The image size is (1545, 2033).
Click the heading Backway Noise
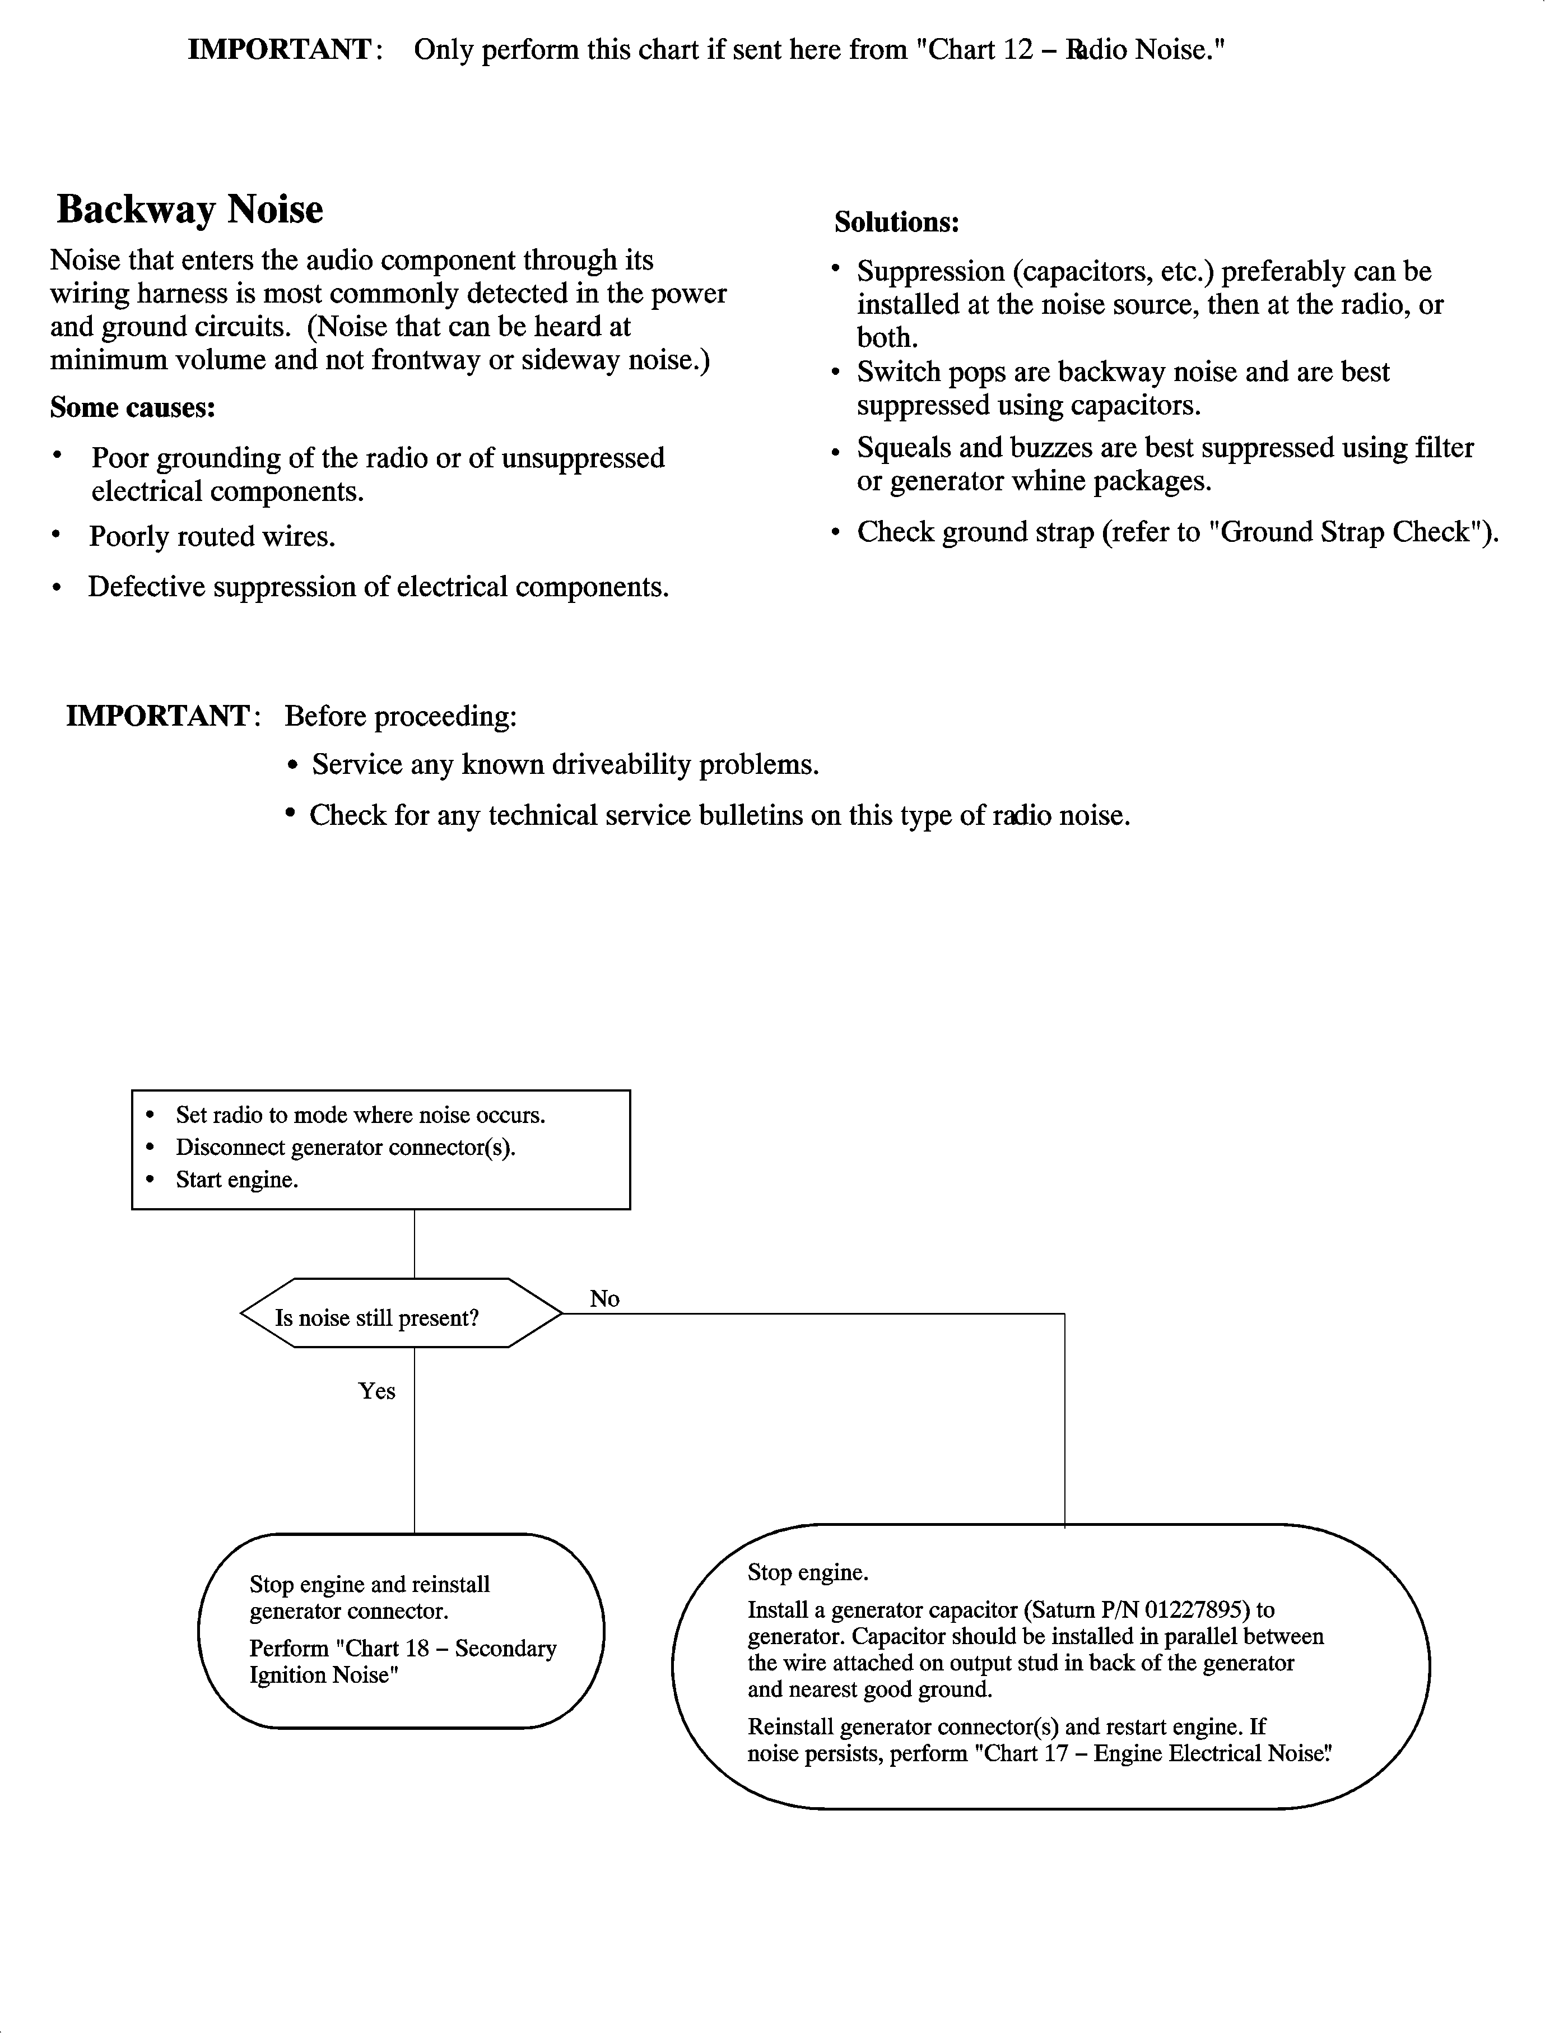tap(189, 210)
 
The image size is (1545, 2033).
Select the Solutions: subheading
tap(897, 222)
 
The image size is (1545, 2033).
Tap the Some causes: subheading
tap(132, 407)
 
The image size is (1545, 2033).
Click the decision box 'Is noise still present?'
tap(377, 1318)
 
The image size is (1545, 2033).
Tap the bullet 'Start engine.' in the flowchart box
tap(236, 1180)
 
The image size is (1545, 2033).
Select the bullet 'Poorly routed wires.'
tap(212, 536)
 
